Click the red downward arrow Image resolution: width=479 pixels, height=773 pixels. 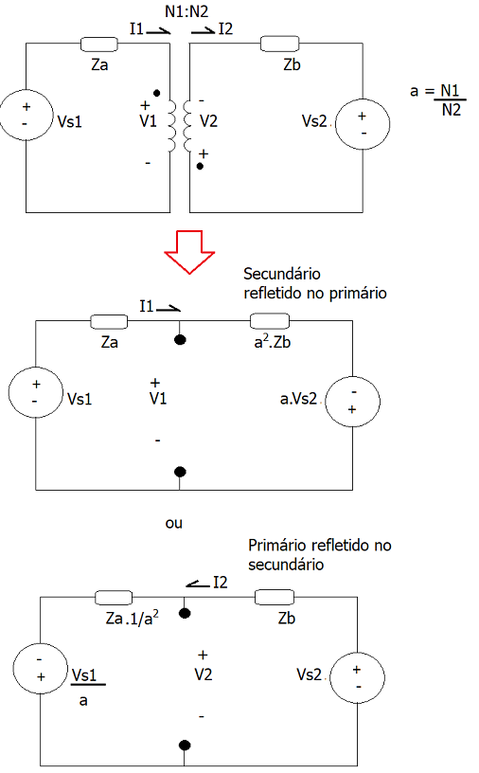[189, 250]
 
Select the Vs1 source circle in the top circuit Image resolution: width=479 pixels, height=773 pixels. [27, 116]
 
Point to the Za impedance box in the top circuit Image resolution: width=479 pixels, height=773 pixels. [99, 44]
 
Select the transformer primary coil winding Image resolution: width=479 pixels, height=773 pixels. [172, 123]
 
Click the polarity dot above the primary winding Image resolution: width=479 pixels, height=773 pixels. [156, 94]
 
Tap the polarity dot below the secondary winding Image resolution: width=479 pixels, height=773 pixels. [200, 166]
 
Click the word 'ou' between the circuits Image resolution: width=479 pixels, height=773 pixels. [174, 522]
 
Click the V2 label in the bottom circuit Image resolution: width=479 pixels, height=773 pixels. [202, 674]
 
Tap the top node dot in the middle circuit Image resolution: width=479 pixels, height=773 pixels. [180, 338]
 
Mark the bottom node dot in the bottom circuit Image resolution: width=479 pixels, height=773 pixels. [186, 746]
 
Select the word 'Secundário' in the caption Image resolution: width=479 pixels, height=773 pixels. [280, 274]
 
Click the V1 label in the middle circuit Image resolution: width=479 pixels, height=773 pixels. [158, 399]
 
